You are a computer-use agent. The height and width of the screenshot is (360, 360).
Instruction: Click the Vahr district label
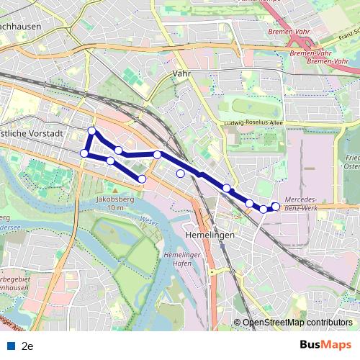[180, 73]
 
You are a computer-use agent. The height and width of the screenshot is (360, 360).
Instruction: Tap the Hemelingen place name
[210, 235]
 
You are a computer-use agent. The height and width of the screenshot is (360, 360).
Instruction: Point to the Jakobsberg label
[114, 199]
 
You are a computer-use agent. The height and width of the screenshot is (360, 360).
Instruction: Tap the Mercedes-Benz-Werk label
[311, 202]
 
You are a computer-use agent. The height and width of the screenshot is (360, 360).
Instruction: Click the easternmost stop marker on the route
[276, 207]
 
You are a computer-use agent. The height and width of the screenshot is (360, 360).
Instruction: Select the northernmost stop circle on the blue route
[91, 130]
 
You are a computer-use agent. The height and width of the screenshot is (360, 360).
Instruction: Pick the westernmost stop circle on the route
[84, 153]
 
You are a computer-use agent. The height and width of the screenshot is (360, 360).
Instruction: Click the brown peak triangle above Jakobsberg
[114, 189]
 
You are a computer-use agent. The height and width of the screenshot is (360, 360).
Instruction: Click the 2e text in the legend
[28, 346]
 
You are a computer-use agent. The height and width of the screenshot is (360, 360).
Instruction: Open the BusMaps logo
[325, 345]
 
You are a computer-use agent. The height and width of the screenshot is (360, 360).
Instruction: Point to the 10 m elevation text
[114, 207]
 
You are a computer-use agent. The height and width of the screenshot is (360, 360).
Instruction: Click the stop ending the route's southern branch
[142, 179]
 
